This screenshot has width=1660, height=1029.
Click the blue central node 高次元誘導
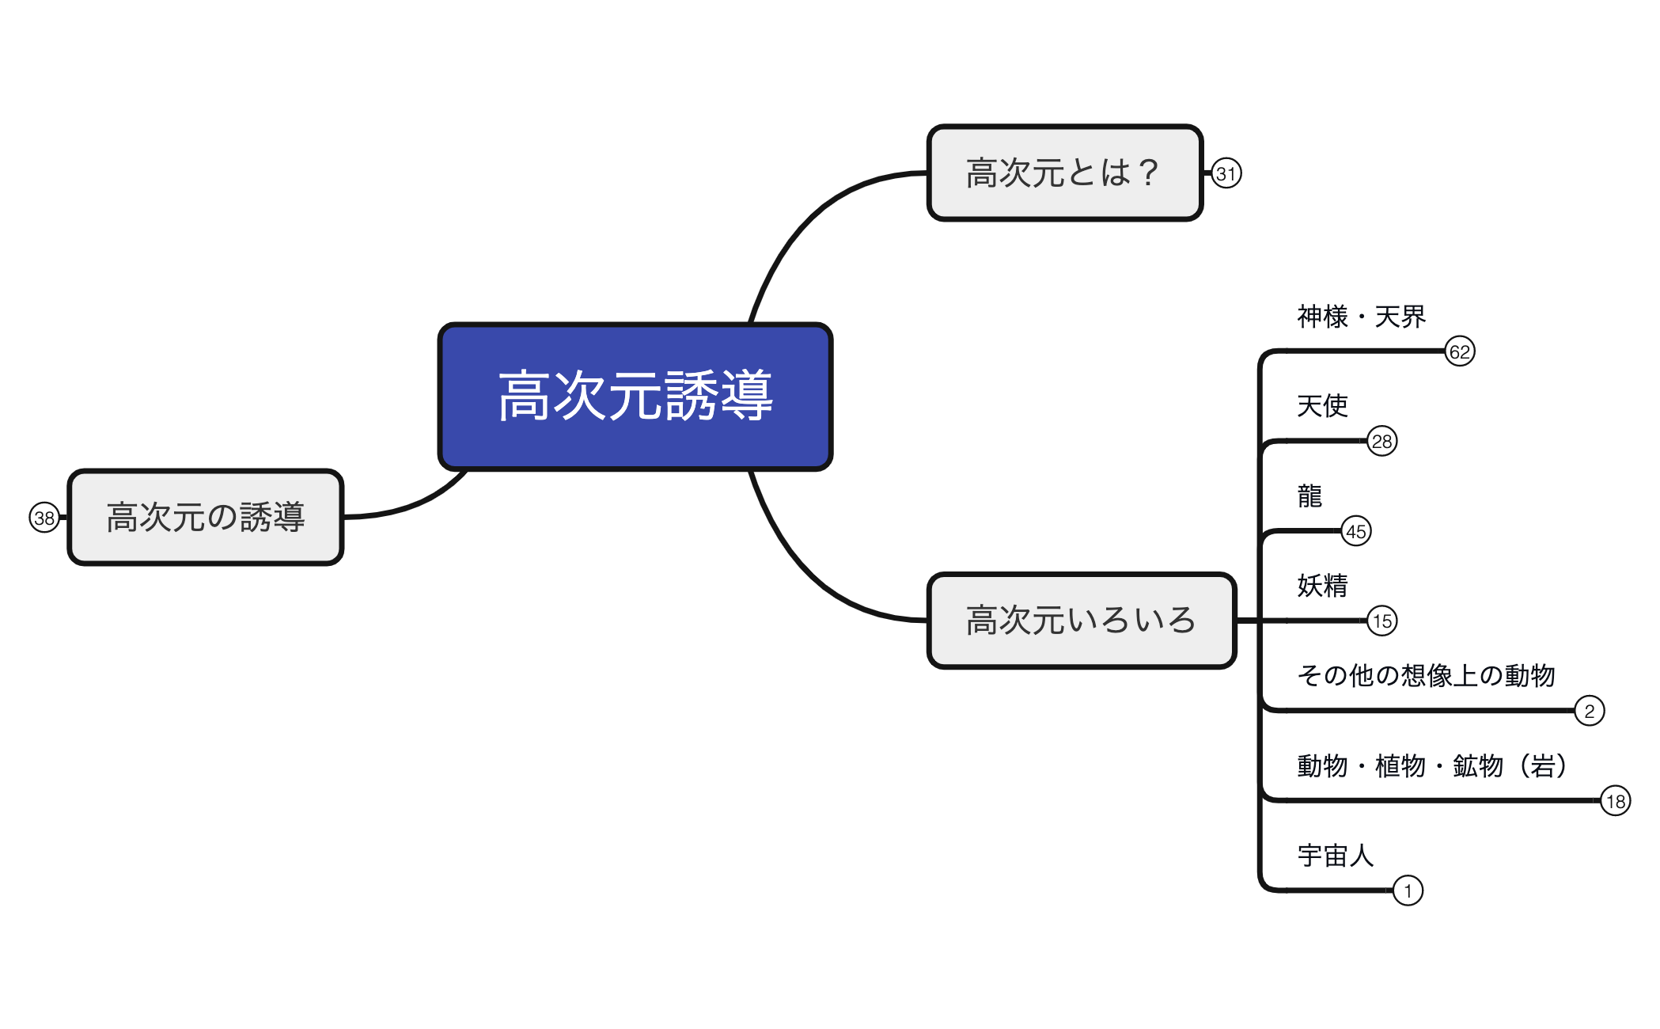pos(635,396)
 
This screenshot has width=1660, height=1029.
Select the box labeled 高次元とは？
pos(1064,173)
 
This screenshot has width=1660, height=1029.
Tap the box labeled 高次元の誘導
pos(206,517)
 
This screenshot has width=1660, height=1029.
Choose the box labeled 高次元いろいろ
pos(1081,620)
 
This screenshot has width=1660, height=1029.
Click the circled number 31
pos(1226,173)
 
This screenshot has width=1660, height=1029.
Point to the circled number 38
pos(44,518)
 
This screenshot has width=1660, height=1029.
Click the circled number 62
pos(1459,351)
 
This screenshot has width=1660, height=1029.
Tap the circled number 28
pos(1381,441)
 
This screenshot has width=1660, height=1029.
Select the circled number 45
pos(1355,531)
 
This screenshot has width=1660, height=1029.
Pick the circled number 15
pos(1381,621)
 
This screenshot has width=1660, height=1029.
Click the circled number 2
pos(1589,711)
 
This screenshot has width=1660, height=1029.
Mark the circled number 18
pos(1615,801)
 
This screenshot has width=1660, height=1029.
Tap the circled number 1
pos(1407,890)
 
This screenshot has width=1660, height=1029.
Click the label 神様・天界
pos(1361,317)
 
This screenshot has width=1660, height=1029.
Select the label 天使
pos(1321,406)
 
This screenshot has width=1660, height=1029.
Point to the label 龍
pos(1309,496)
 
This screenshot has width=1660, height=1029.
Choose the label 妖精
pos(1321,586)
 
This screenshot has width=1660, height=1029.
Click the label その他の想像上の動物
pos(1426,675)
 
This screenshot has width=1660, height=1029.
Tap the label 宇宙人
pos(1335,856)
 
